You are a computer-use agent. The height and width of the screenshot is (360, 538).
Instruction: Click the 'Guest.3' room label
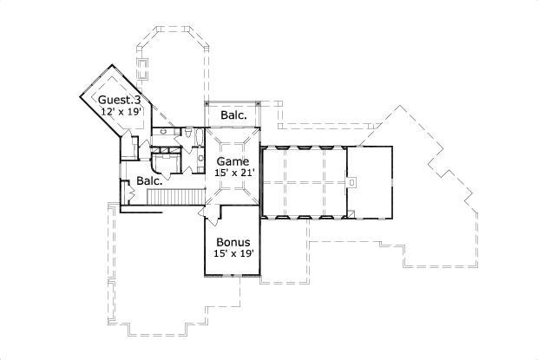pyautogui.click(x=119, y=100)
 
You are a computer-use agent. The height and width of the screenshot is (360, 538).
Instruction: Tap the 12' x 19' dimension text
pyautogui.click(x=119, y=111)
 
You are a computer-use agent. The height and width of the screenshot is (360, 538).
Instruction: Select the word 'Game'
pyautogui.click(x=233, y=161)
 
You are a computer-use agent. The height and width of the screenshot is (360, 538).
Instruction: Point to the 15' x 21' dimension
pyautogui.click(x=233, y=173)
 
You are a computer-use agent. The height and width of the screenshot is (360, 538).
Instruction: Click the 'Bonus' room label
pyautogui.click(x=233, y=242)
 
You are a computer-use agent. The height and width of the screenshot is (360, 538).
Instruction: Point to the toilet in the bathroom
pyautogui.click(x=187, y=133)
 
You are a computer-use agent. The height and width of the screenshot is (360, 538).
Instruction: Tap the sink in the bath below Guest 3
pyautogui.click(x=162, y=133)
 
